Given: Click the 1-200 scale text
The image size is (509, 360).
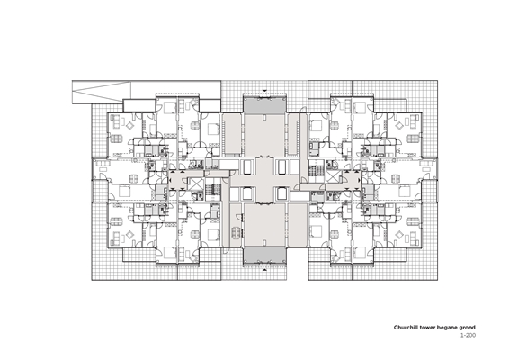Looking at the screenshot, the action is pos(468,335).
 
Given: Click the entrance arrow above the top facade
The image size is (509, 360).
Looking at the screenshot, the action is pos(264,90).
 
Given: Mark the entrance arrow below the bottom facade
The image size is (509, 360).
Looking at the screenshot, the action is pos(264,269).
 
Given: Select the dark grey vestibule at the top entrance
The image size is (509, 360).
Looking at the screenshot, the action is pos(264,105).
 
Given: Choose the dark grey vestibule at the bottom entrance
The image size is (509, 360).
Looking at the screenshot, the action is pos(264,255).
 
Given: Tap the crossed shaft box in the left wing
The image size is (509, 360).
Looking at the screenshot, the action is pos(195,184).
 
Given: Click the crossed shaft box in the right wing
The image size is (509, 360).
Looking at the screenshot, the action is pos(333,176).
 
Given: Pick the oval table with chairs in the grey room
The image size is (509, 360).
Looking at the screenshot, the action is pos(237,232).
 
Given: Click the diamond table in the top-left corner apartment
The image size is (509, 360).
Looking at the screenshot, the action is pos(130,125).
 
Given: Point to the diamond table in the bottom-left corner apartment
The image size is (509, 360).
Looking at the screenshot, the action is pos(130,235).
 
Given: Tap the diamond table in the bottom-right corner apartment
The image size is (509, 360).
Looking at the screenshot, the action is pos(399,235).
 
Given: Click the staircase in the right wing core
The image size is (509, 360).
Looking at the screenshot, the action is pos(314,170).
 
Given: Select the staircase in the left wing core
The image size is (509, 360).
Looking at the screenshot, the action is pos(214,189).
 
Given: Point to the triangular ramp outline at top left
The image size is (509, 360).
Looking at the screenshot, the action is pos(102,90).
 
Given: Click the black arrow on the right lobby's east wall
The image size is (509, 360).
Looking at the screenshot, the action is pos(359,180).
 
